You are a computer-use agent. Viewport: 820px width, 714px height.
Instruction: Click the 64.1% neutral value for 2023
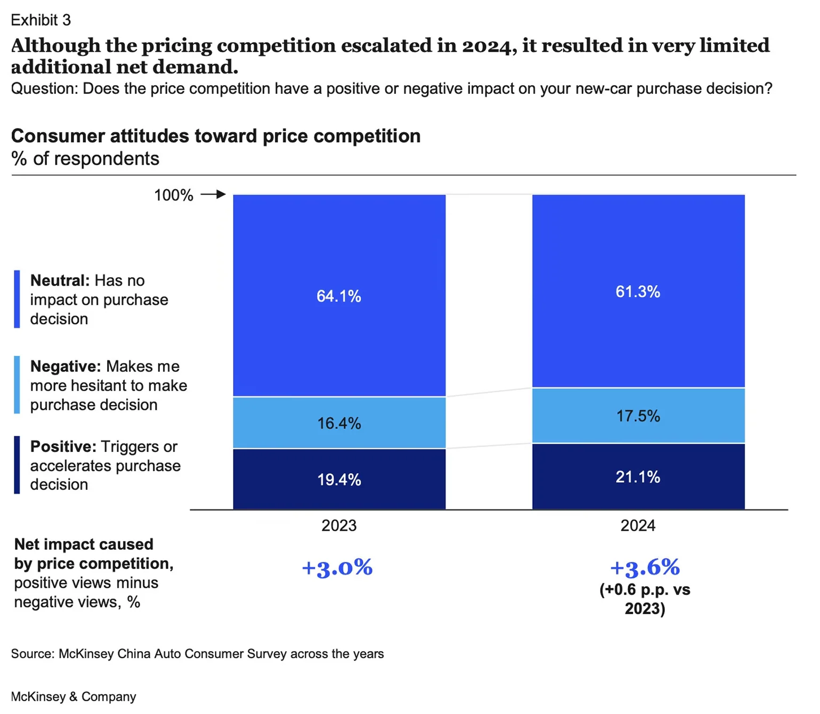click(339, 296)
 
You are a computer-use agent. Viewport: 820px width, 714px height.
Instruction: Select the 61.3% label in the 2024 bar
click(638, 292)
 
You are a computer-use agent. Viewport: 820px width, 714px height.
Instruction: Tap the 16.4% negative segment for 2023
click(339, 424)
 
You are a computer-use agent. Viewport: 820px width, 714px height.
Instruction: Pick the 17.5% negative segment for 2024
click(638, 416)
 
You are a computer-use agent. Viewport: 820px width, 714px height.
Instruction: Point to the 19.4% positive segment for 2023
click(339, 480)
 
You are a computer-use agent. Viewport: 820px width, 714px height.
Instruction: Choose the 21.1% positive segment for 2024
click(638, 477)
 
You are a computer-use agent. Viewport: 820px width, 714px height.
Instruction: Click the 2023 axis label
click(339, 526)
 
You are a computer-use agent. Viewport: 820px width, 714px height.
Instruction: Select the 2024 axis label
click(638, 526)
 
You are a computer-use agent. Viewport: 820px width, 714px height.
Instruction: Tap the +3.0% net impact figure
click(337, 568)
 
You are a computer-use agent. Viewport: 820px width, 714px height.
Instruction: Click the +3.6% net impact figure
click(645, 568)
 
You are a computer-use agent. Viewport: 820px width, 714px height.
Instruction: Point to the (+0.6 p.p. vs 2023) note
click(645, 599)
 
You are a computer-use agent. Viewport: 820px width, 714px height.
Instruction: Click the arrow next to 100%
click(213, 195)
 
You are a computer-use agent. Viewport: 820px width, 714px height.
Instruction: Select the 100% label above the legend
click(174, 196)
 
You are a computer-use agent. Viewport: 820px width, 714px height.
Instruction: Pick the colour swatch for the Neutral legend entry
click(17, 299)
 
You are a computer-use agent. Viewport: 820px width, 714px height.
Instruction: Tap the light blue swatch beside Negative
click(17, 385)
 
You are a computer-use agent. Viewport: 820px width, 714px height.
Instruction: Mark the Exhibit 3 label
click(41, 20)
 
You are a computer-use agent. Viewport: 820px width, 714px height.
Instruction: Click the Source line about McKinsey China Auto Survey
click(197, 654)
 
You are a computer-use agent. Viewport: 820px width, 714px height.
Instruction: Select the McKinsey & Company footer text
click(74, 697)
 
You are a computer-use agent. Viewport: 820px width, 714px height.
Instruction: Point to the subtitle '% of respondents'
click(85, 159)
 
